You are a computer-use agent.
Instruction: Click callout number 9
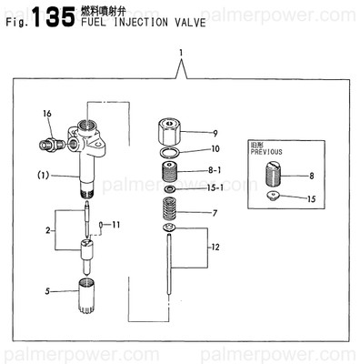pyautogui.click(x=215, y=133)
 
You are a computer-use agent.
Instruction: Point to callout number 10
pyautogui.click(x=215, y=148)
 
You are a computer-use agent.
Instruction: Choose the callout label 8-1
pyautogui.click(x=216, y=169)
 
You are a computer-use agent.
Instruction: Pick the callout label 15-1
pyautogui.click(x=216, y=188)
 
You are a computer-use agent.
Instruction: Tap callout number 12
pyautogui.click(x=215, y=248)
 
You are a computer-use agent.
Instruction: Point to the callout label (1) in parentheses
pyautogui.click(x=43, y=174)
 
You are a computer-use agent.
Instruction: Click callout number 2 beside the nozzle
pyautogui.click(x=48, y=230)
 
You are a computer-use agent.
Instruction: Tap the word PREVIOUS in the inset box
pyautogui.click(x=267, y=153)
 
